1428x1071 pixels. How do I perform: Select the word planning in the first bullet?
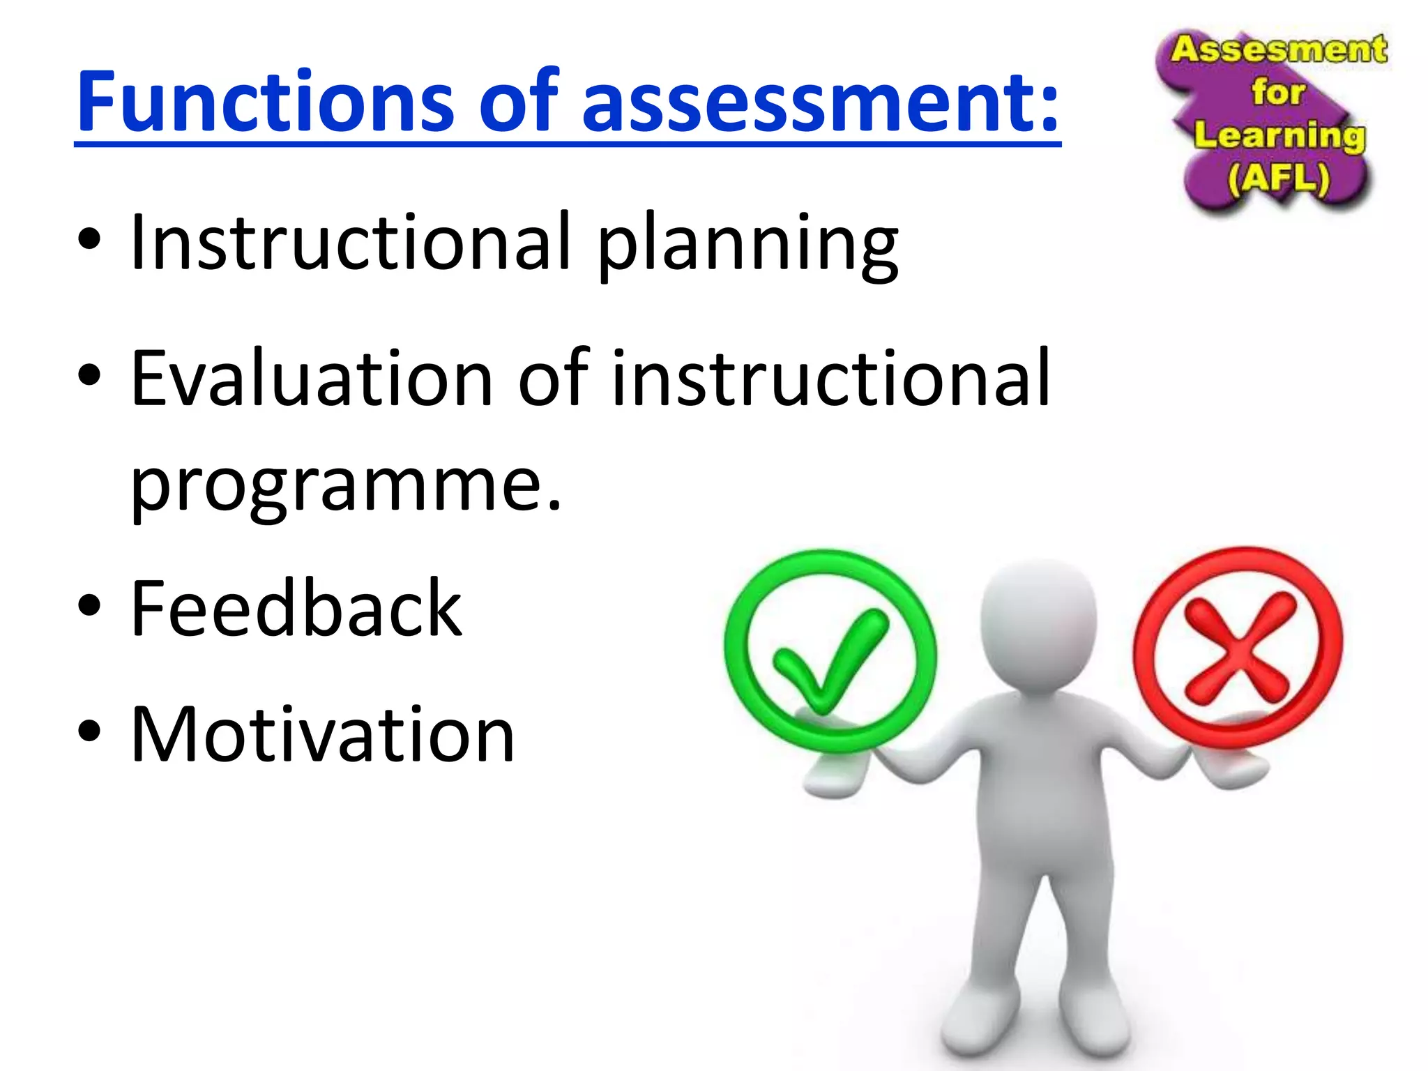click(x=747, y=244)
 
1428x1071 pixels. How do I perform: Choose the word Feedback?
click(x=296, y=608)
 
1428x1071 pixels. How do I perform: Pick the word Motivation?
click(x=322, y=735)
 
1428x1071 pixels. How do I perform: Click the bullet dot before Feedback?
click(x=89, y=606)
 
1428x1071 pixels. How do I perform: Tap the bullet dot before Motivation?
click(x=89, y=732)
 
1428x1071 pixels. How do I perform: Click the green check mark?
click(x=830, y=660)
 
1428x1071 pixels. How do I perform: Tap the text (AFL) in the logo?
click(x=1279, y=178)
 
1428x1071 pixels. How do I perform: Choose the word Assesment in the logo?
click(x=1279, y=50)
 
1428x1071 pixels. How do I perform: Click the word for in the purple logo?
click(x=1277, y=91)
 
